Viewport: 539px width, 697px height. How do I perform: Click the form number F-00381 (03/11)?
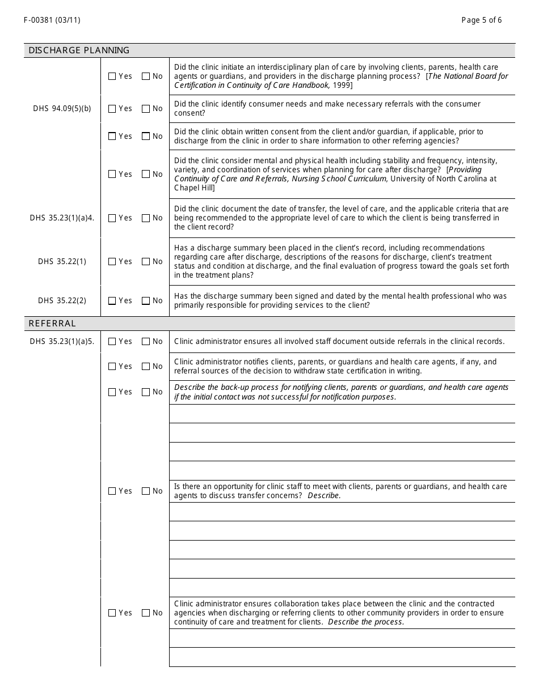52,20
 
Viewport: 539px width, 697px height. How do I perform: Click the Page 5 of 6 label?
481,20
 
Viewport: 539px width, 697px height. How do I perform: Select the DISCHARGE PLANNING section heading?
79,50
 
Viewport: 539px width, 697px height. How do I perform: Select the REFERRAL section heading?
52,324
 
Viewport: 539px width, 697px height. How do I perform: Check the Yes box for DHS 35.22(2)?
112,301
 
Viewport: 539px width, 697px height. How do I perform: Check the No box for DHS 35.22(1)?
146,262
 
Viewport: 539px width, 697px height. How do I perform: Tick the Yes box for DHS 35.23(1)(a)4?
112,218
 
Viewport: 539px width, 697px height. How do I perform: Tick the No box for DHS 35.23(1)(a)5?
146,342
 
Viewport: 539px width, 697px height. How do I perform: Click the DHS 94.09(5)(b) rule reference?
62,109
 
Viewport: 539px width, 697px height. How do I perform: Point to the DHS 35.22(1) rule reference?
62,262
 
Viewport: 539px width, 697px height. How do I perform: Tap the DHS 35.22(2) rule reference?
62,301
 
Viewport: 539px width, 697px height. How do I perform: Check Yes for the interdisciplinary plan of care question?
112,76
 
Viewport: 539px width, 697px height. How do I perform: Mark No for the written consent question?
146,137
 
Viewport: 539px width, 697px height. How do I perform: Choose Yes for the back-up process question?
112,392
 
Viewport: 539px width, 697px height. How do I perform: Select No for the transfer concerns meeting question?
146,491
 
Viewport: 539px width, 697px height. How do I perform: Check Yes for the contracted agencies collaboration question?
112,613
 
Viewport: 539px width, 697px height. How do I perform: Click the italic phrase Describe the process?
366,622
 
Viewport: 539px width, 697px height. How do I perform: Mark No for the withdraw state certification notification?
146,367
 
